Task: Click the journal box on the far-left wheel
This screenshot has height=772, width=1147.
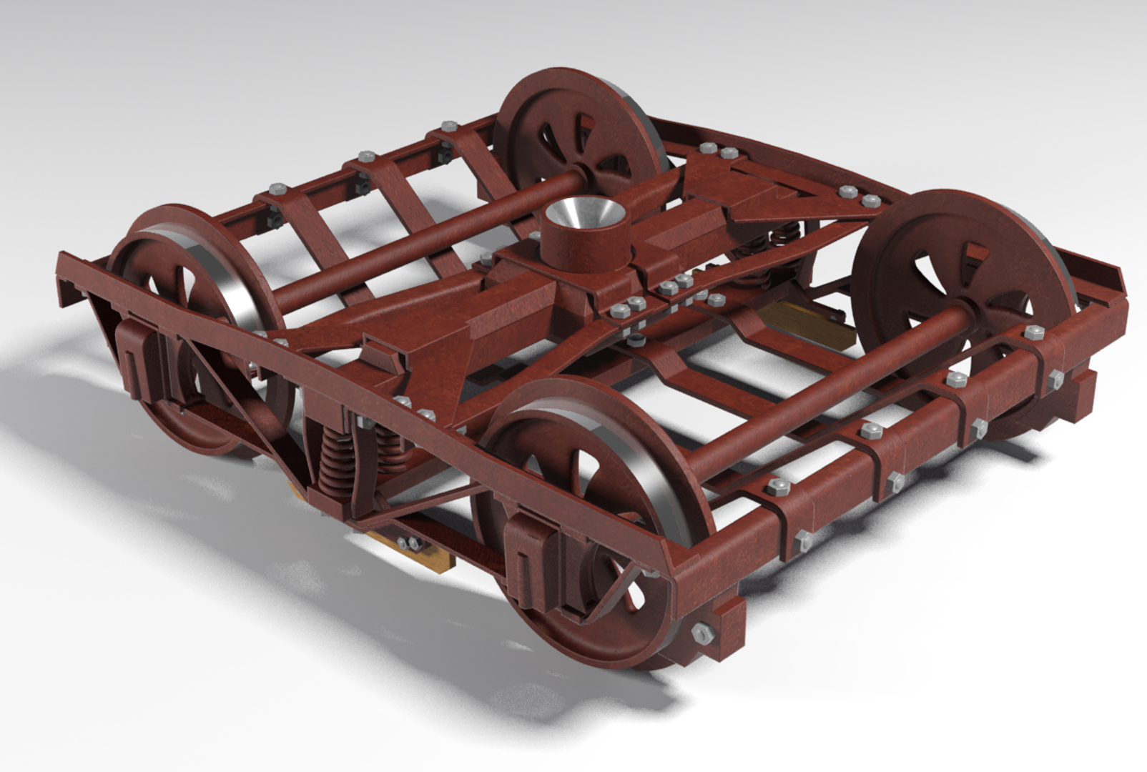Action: [x=139, y=357]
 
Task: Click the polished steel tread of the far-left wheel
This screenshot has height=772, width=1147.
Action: [x=236, y=300]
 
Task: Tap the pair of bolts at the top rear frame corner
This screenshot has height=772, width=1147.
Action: [x=719, y=151]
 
